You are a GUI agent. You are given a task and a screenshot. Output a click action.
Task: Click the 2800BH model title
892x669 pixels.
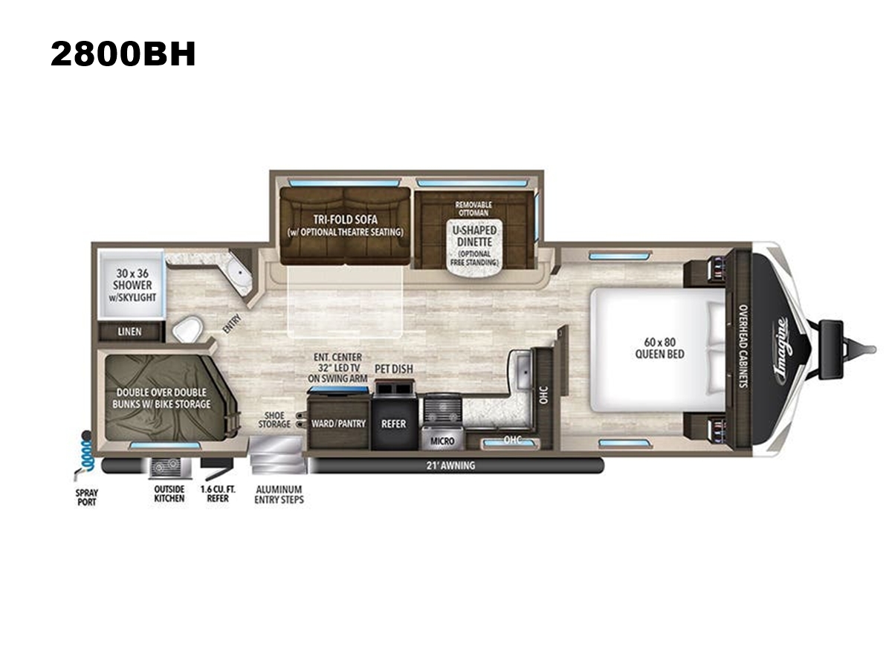click(123, 54)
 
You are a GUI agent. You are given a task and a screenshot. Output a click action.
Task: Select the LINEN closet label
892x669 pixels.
click(129, 332)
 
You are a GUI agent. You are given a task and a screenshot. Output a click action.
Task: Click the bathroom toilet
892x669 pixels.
click(187, 329)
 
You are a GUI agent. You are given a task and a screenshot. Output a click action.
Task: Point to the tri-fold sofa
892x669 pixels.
click(345, 226)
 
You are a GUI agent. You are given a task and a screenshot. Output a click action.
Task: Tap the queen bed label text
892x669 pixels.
click(659, 348)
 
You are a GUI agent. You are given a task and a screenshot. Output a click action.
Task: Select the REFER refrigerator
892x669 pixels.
click(393, 423)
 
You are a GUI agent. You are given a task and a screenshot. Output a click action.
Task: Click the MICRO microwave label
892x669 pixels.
click(442, 441)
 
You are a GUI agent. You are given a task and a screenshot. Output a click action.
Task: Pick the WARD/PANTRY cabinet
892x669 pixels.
click(338, 423)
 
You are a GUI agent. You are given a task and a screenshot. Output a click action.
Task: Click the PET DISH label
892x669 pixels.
click(393, 369)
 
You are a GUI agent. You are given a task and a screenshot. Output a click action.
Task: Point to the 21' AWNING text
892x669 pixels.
click(450, 465)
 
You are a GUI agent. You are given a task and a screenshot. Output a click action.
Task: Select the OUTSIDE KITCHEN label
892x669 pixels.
click(169, 494)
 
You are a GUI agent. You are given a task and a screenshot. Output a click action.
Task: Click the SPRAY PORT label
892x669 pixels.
click(86, 497)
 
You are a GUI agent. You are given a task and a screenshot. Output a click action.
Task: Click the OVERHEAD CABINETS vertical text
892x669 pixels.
click(743, 346)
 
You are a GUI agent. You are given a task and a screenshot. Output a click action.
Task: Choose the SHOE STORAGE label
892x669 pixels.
click(274, 419)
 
